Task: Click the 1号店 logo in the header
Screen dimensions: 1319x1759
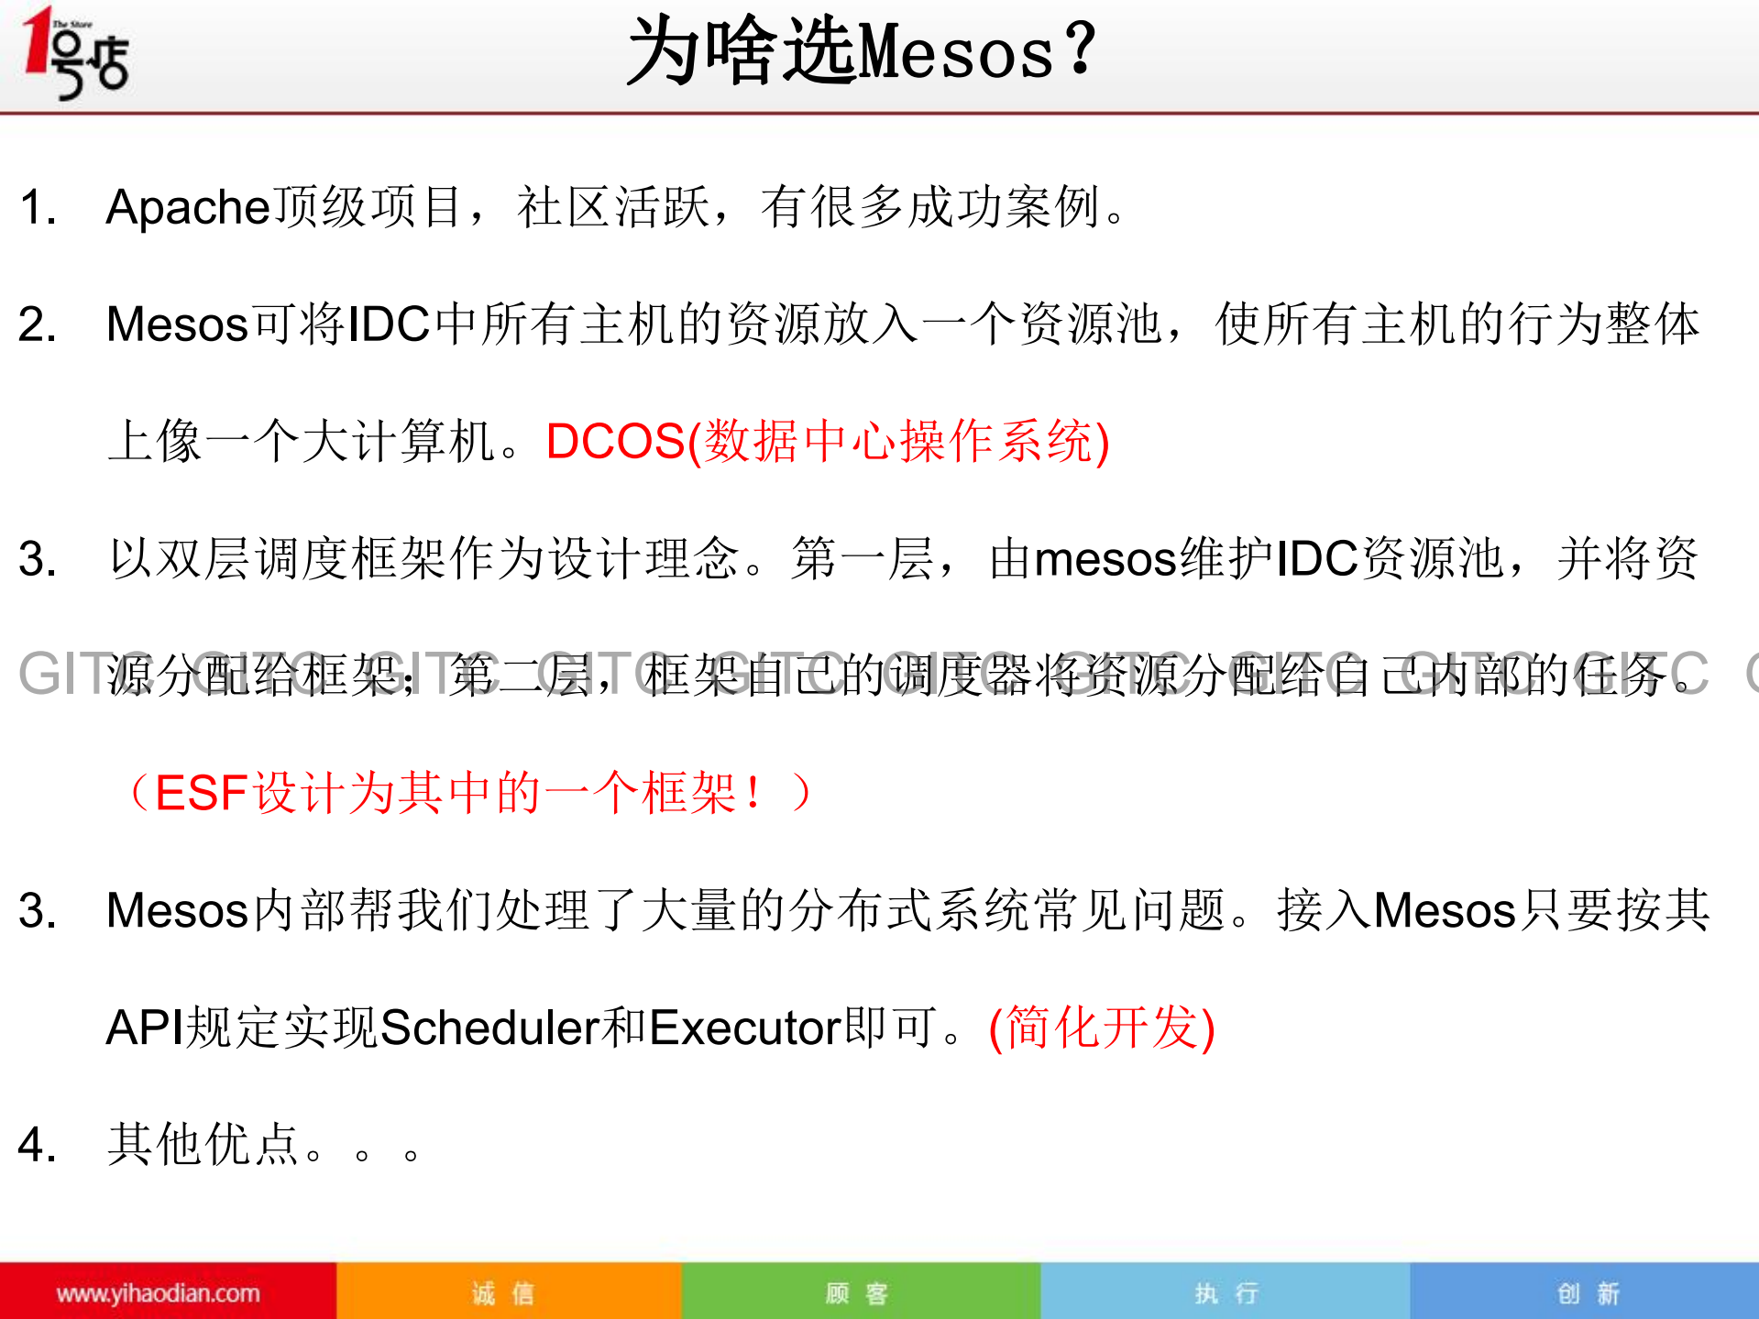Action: [76, 53]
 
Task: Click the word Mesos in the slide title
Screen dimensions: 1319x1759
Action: [954, 53]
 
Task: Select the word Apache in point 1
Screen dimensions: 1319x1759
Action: [188, 208]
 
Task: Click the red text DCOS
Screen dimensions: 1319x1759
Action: [615, 442]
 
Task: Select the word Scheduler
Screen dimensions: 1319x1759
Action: [489, 1028]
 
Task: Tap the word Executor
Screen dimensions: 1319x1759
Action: [745, 1028]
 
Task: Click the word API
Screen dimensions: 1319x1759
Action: [145, 1028]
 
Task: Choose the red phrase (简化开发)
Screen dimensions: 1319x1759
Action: [1102, 1028]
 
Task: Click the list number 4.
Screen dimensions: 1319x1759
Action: [37, 1146]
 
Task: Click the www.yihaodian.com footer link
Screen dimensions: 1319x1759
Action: [158, 1293]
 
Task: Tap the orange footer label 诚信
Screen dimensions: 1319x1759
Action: [502, 1293]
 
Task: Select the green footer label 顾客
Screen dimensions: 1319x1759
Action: [856, 1293]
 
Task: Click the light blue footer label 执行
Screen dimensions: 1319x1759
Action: [1226, 1293]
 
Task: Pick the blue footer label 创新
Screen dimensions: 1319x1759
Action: [1588, 1293]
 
